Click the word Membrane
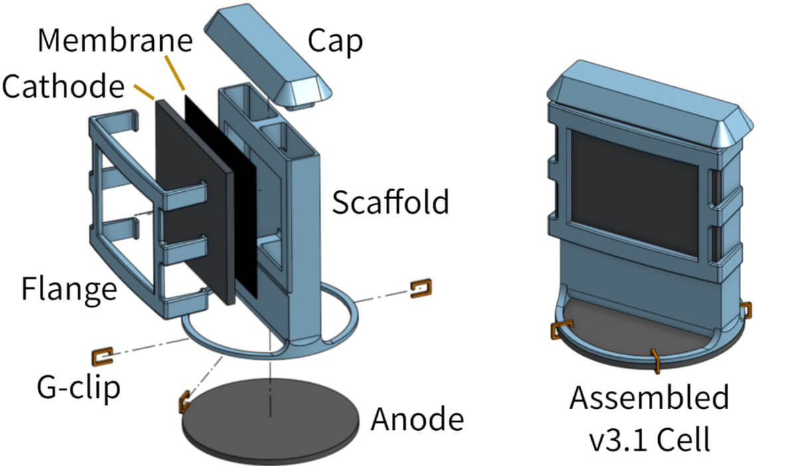click(115, 40)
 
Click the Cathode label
click(64, 86)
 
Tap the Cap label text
click(335, 41)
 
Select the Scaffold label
click(391, 202)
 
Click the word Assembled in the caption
click(649, 398)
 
